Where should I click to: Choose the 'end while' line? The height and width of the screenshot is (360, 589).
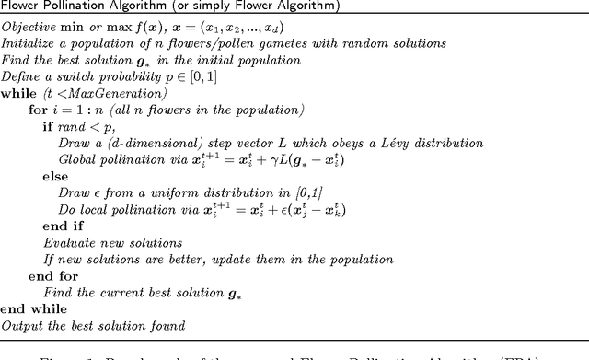[27, 309]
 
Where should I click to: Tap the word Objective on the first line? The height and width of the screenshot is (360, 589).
[28, 28]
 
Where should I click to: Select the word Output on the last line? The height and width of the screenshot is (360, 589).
[21, 325]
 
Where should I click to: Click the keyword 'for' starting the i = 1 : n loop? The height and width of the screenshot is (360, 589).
[38, 111]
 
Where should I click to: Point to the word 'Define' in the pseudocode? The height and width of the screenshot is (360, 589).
[20, 76]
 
